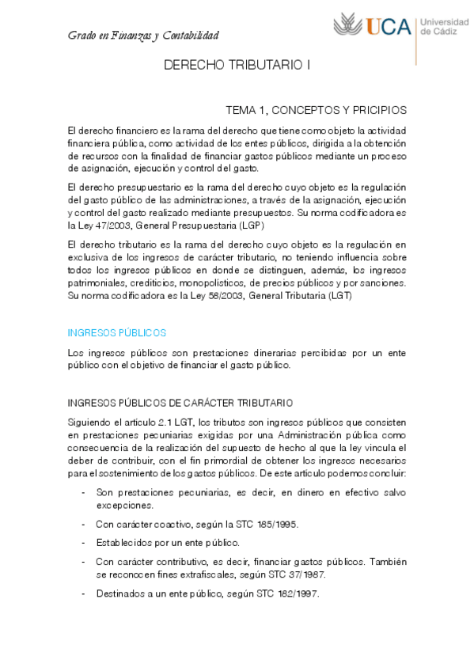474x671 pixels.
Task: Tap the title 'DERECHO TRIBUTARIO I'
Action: click(x=237, y=68)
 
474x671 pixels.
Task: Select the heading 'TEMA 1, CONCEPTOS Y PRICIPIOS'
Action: click(x=317, y=110)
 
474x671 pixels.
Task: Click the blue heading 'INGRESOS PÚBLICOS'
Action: click(x=117, y=332)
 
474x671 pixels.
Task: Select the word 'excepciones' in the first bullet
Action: click(x=124, y=504)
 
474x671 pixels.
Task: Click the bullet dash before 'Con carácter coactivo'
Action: click(x=84, y=524)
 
